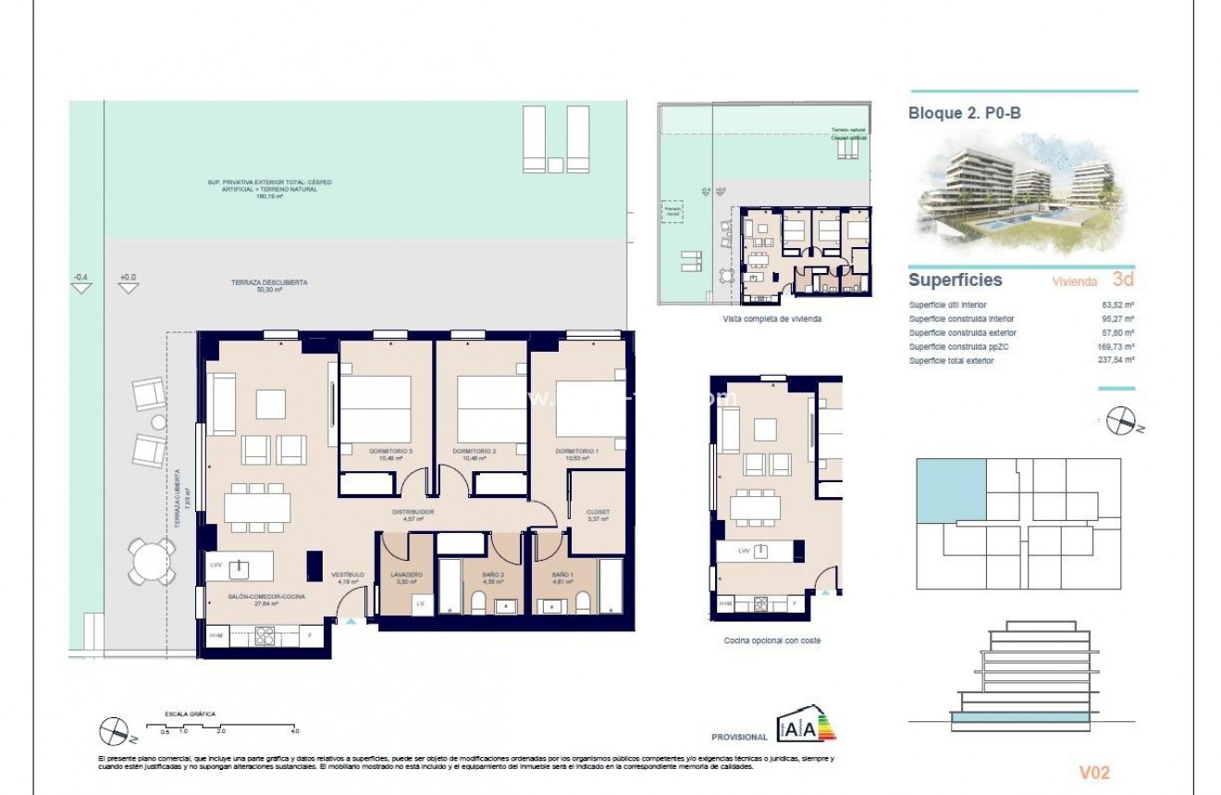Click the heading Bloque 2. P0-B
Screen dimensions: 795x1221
(x=965, y=113)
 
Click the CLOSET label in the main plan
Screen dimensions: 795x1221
(x=598, y=512)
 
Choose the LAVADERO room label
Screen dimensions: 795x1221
(x=407, y=575)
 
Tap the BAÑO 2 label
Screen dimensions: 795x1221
(x=492, y=575)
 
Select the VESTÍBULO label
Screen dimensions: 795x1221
(x=348, y=575)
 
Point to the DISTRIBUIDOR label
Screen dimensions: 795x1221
(x=413, y=512)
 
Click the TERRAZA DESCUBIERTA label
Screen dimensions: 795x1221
(x=269, y=282)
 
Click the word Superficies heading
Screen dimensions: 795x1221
(x=955, y=279)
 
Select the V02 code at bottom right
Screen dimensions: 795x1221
(x=1094, y=773)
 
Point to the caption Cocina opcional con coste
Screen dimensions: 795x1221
(x=771, y=640)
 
